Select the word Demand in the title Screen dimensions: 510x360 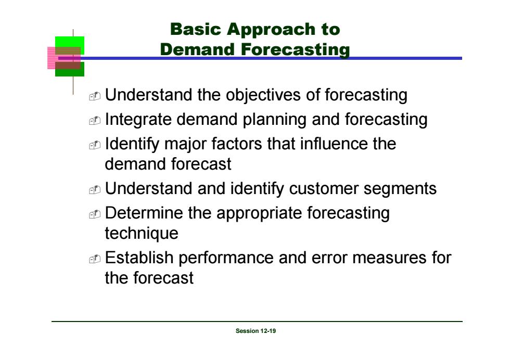pos(197,49)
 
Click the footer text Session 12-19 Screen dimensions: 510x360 pos(256,331)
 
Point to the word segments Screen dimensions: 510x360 pos(400,189)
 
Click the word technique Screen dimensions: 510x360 pos(142,234)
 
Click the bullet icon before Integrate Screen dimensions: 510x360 pos(95,120)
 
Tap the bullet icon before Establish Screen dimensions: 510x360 pos(95,259)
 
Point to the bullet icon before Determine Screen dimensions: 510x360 pos(95,214)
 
